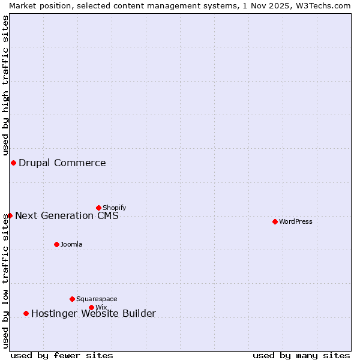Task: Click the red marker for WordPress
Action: click(x=275, y=221)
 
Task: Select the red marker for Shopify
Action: click(x=98, y=208)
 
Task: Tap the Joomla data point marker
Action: click(x=56, y=244)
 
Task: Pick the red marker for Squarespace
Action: click(x=72, y=299)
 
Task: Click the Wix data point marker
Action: click(x=91, y=307)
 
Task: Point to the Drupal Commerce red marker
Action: click(x=13, y=163)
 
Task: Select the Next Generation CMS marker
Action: click(x=10, y=215)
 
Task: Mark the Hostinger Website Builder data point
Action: click(x=26, y=313)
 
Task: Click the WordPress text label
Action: click(x=296, y=221)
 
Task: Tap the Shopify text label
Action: click(x=115, y=208)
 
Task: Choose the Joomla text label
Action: click(x=71, y=244)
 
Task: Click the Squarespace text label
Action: click(x=97, y=299)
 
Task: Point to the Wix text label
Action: click(x=101, y=307)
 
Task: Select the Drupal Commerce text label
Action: click(x=62, y=163)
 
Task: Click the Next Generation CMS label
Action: click(x=67, y=215)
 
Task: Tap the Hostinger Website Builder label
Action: click(x=94, y=313)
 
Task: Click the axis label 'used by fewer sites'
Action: click(x=62, y=355)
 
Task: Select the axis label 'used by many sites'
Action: click(x=301, y=355)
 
